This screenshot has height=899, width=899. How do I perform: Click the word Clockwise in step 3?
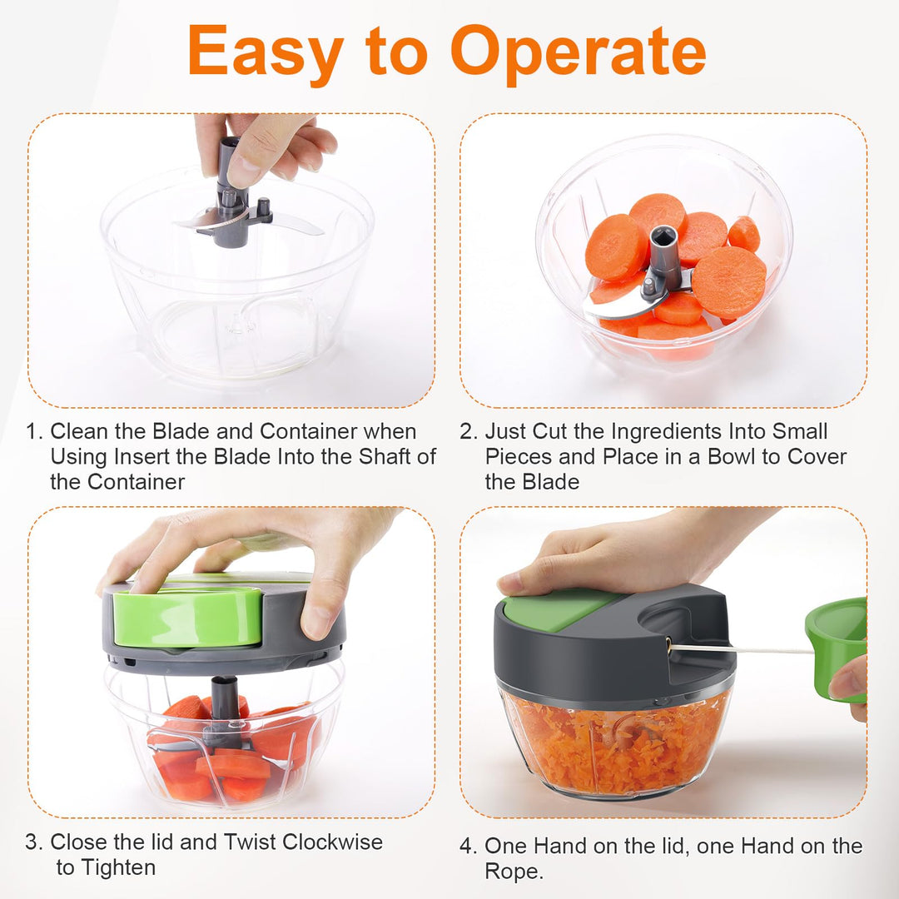click(x=332, y=842)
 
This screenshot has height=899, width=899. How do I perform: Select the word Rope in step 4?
click(x=512, y=872)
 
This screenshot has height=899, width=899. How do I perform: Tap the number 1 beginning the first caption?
click(x=32, y=431)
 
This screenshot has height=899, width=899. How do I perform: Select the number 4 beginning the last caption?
click(x=467, y=846)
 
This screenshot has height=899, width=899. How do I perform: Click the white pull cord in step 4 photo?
click(x=740, y=649)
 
